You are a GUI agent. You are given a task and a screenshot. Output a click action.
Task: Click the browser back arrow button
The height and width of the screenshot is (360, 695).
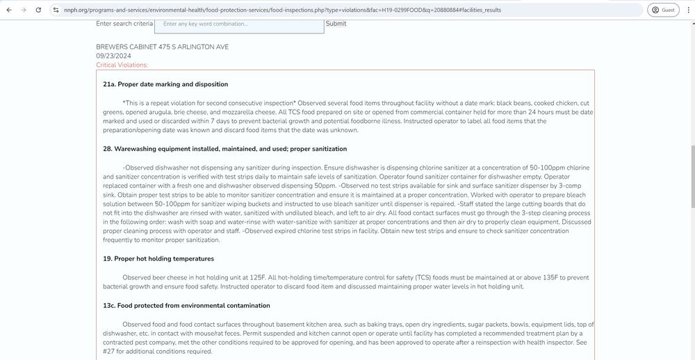pyautogui.click(x=9, y=10)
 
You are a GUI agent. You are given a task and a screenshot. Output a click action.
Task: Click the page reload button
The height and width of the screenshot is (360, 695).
pyautogui.click(x=38, y=10)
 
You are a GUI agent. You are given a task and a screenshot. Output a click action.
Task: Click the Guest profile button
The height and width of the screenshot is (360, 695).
pyautogui.click(x=663, y=10)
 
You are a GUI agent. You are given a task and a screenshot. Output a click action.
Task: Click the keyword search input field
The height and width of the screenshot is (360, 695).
pyautogui.click(x=239, y=24)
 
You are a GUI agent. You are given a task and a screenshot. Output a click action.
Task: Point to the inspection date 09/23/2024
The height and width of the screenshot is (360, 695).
pyautogui.click(x=114, y=56)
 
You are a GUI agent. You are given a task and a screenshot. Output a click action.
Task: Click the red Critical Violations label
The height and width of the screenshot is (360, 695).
pyautogui.click(x=122, y=65)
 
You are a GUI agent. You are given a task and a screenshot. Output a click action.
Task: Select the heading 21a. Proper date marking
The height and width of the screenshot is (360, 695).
pyautogui.click(x=165, y=84)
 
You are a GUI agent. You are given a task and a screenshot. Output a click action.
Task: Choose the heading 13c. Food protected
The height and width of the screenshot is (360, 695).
pyautogui.click(x=186, y=305)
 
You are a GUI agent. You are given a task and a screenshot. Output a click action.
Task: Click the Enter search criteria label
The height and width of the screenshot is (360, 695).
pyautogui.click(x=124, y=24)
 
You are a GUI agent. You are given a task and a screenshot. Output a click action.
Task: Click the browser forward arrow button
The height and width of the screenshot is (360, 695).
pyautogui.click(x=24, y=10)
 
